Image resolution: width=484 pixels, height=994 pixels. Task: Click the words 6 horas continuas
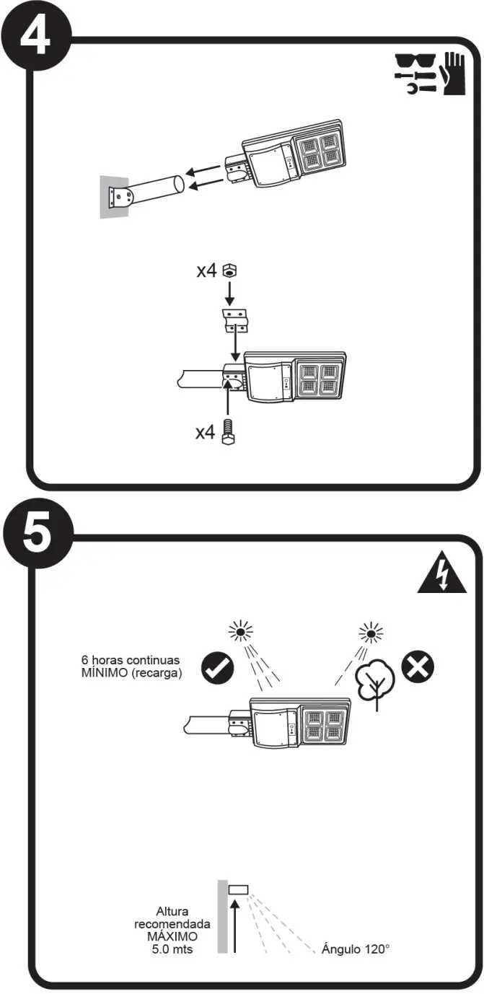[130, 660]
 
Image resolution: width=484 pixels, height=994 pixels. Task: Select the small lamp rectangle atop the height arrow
[238, 890]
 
